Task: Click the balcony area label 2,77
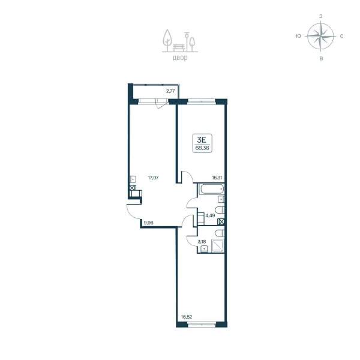click(x=170, y=91)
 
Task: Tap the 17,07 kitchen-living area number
click(x=153, y=178)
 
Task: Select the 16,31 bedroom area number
click(x=217, y=178)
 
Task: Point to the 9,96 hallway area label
click(x=148, y=222)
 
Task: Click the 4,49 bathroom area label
click(x=210, y=215)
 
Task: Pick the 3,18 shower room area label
click(x=202, y=242)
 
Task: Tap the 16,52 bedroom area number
click(x=187, y=317)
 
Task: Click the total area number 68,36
click(x=202, y=148)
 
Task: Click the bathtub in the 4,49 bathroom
click(x=212, y=189)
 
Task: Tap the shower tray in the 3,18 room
click(x=217, y=246)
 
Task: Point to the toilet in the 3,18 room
click(x=220, y=233)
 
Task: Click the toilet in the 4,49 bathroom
click(x=220, y=210)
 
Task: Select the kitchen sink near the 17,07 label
click(x=133, y=179)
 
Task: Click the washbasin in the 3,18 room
click(x=204, y=249)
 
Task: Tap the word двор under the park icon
click(x=180, y=58)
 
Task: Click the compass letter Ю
click(x=298, y=36)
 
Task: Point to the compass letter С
click(x=341, y=36)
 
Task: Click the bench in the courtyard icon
click(x=179, y=48)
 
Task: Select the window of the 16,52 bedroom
click(x=202, y=325)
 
